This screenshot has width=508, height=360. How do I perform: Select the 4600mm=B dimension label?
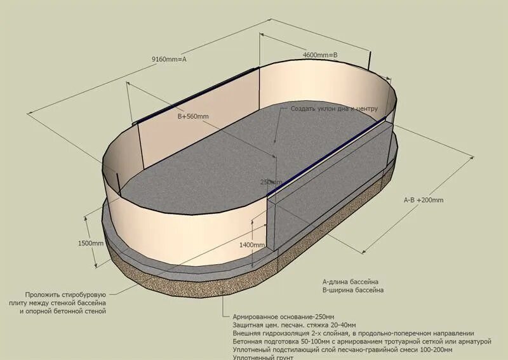[320, 55]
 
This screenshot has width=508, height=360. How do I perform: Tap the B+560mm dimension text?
[193, 116]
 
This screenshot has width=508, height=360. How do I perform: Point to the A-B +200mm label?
[424, 200]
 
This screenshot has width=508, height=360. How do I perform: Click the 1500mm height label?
[90, 243]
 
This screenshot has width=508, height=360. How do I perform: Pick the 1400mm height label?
[253, 244]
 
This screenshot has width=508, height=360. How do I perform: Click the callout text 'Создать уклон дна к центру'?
[334, 109]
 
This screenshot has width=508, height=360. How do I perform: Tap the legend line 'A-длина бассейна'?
[351, 281]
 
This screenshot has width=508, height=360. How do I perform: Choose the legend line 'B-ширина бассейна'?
[352, 290]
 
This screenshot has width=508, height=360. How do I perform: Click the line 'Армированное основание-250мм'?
[283, 316]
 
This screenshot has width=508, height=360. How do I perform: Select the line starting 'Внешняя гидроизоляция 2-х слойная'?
[353, 333]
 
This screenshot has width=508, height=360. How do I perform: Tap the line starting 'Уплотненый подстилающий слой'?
[343, 350]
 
